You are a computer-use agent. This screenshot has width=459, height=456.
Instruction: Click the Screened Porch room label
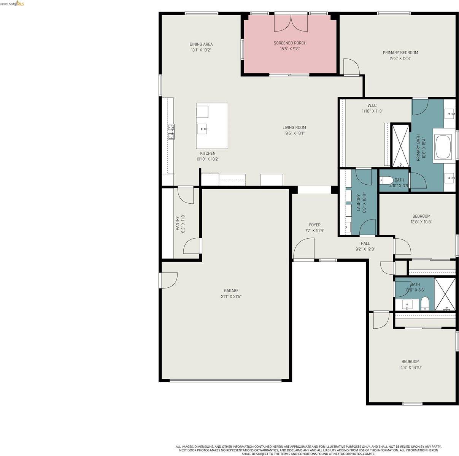[x=290, y=43]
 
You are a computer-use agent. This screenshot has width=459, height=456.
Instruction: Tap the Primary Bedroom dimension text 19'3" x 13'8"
[x=400, y=59]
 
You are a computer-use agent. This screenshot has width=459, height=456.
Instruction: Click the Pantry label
[x=177, y=223]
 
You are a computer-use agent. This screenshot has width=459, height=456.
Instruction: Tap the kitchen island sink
[x=202, y=129]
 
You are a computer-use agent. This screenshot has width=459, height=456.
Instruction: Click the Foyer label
[x=314, y=225]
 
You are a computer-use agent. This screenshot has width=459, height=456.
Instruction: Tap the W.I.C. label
[x=372, y=105]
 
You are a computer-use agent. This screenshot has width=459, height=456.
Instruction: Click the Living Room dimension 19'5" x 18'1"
[x=294, y=133]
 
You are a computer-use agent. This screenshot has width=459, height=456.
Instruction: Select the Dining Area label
[x=201, y=44]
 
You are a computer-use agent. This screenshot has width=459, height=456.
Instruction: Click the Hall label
[x=365, y=244]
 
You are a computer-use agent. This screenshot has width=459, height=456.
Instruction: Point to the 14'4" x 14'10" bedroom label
[x=410, y=361]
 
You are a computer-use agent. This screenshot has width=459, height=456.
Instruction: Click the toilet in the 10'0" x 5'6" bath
[x=425, y=304]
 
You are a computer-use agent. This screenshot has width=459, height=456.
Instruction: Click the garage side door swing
[x=170, y=280]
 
